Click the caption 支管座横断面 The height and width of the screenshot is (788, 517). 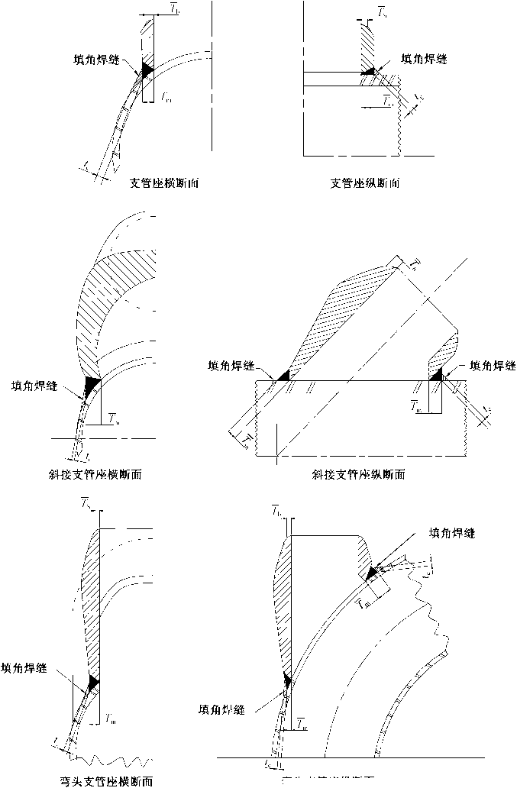pyautogui.click(x=166, y=183)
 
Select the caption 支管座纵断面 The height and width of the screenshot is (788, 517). pyautogui.click(x=365, y=183)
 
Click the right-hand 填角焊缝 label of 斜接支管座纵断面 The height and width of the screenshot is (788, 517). pyautogui.click(x=490, y=365)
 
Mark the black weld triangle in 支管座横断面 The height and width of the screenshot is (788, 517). pyautogui.click(x=146, y=69)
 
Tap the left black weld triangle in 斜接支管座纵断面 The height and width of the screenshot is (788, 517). pyautogui.click(x=283, y=374)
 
